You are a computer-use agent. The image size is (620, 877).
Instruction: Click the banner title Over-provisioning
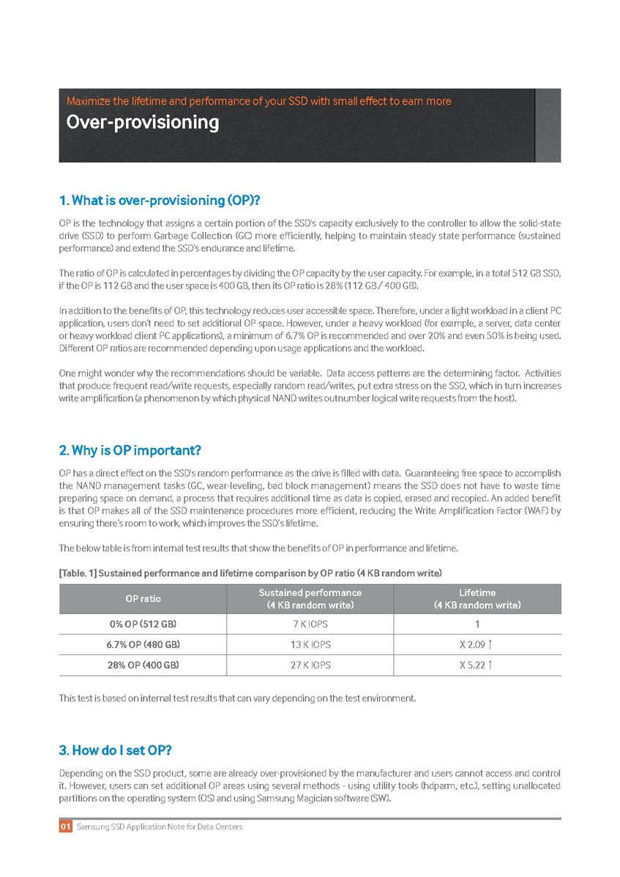tap(143, 122)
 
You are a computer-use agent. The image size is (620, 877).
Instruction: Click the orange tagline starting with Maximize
tap(258, 101)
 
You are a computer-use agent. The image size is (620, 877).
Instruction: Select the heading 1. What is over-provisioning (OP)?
tap(160, 201)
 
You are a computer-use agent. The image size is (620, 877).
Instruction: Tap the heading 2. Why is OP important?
tap(130, 449)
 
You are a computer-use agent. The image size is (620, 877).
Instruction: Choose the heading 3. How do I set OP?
tap(116, 750)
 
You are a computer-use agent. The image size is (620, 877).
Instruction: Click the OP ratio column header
tap(143, 599)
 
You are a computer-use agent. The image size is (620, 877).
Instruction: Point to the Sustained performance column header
tap(310, 599)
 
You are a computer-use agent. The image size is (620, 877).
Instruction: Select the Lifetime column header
tap(477, 599)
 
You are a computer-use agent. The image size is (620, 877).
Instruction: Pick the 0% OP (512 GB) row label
tap(143, 624)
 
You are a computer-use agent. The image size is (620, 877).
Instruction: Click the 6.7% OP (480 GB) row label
tap(143, 645)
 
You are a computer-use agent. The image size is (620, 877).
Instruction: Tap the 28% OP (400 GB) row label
tap(143, 665)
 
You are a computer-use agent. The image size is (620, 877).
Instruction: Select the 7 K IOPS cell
tap(310, 624)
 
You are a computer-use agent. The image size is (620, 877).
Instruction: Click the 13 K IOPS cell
tap(310, 645)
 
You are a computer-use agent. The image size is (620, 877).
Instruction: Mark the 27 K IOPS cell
tap(310, 665)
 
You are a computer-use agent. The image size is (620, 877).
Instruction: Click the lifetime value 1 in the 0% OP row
tap(477, 624)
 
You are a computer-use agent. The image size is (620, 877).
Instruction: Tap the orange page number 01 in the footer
tap(65, 826)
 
